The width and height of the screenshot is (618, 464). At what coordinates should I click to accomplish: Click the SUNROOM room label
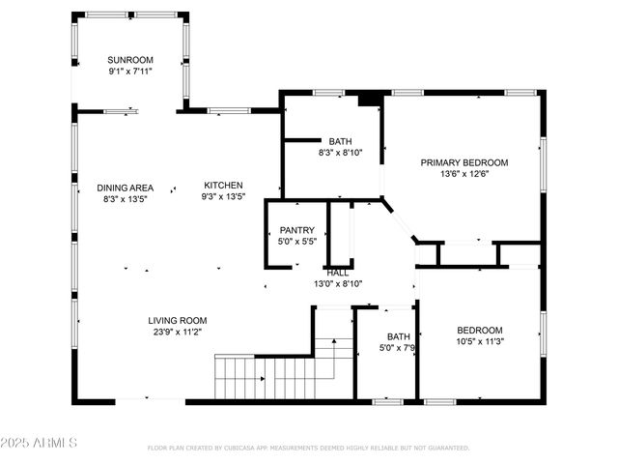coord(130,60)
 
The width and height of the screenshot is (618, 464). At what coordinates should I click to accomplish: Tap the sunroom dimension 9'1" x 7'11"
coord(130,71)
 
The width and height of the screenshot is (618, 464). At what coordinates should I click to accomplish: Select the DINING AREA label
coord(126,188)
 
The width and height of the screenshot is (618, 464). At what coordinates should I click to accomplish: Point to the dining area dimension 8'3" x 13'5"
coord(126,199)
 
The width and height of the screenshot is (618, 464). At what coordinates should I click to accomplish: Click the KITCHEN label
coord(223,186)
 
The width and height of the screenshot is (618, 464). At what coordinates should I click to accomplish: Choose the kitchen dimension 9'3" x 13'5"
coord(223,197)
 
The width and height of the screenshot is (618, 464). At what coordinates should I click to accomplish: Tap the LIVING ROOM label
coord(177,320)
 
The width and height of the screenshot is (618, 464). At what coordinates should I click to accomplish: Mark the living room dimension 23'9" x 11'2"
coord(177,332)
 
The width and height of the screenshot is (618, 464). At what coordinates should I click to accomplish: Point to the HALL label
coord(338,273)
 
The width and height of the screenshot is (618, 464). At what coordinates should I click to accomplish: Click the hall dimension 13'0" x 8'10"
coord(338,284)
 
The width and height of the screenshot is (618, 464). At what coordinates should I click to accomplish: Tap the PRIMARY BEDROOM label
coord(463,162)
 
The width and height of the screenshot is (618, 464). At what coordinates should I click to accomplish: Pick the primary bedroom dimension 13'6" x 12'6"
coord(463,174)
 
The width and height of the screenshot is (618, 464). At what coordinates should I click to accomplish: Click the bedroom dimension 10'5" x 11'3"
coord(480,340)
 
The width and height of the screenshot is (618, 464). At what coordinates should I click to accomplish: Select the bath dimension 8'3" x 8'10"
coord(340,152)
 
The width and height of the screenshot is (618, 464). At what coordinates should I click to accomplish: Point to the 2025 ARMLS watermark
coord(39,443)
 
